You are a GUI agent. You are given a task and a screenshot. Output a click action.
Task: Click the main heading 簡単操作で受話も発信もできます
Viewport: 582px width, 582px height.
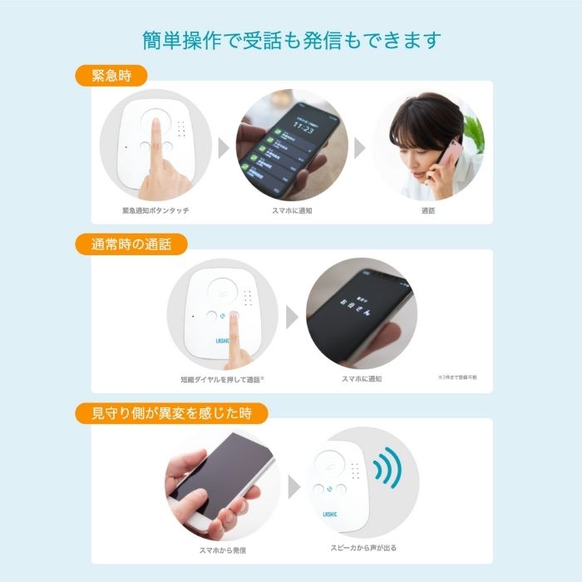291,40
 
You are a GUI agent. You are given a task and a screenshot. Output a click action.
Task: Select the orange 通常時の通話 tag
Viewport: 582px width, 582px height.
131,244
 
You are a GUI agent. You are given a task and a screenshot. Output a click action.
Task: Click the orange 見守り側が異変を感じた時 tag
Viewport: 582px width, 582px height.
172,412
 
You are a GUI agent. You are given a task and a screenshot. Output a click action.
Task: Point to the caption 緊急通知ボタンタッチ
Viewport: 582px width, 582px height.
155,211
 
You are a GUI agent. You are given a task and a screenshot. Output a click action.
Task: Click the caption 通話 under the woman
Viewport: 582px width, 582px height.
428,211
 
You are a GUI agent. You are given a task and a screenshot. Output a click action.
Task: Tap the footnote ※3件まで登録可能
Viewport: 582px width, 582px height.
457,377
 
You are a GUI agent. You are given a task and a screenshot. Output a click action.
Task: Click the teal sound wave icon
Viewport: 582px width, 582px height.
387,470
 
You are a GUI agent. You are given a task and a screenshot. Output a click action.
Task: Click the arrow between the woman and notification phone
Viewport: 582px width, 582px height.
359,148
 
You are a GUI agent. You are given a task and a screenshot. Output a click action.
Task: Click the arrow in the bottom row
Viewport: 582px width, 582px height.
293,487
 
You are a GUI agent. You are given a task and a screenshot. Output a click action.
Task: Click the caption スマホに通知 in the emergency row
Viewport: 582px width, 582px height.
292,211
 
